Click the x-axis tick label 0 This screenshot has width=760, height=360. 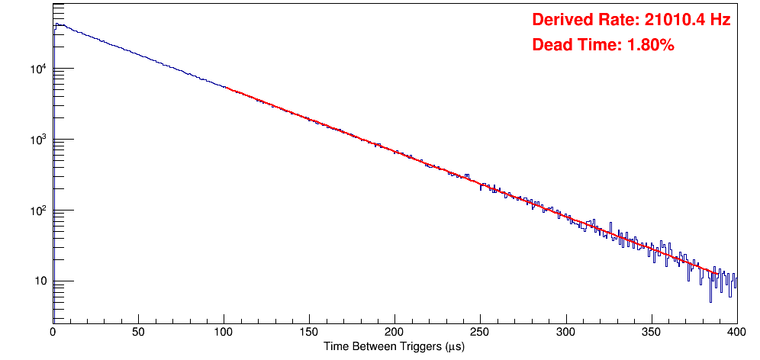tap(53, 333)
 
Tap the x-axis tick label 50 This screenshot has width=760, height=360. tap(138, 333)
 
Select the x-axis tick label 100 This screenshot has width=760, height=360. tap(224, 333)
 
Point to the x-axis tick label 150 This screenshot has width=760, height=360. tap(309, 333)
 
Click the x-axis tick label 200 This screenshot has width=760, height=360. tap(394, 333)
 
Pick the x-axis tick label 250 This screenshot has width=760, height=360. tap(480, 333)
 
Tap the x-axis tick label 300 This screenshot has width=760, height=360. tap(565, 333)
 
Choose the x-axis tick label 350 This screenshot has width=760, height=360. tap(651, 333)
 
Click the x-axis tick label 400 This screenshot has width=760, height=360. tap(736, 333)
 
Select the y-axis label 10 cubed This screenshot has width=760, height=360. tap(37, 140)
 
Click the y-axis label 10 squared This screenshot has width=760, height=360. tap(37, 211)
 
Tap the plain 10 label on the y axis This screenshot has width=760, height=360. tap(40, 282)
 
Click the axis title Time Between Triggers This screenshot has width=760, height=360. tap(394, 347)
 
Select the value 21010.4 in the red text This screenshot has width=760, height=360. tap(671, 20)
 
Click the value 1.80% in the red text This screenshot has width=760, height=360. tap(650, 45)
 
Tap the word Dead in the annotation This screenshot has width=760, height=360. tap(551, 45)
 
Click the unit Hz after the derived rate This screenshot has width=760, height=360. tap(721, 20)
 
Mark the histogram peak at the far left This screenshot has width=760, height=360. tap(56, 24)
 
